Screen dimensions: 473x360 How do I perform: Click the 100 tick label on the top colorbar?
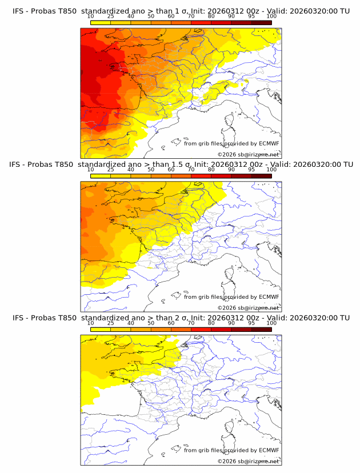(x=271, y=16)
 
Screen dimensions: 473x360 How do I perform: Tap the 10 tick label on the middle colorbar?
(x=91, y=170)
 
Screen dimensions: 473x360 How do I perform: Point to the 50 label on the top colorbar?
(x=151, y=16)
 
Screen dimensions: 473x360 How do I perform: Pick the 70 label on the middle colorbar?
(x=191, y=170)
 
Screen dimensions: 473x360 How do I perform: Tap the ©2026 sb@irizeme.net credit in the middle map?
(x=248, y=308)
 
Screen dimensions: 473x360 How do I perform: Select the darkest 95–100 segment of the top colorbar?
(x=262, y=22)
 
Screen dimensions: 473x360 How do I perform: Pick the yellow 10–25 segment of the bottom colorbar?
(x=101, y=330)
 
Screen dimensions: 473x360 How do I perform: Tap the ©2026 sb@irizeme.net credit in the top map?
(x=248, y=155)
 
